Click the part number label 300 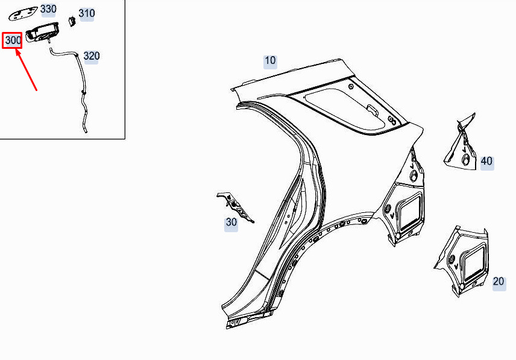[x=13, y=40]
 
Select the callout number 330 [x=48, y=9]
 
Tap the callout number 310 [x=87, y=13]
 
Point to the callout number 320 [x=92, y=56]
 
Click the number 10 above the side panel [x=270, y=60]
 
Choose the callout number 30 [x=231, y=223]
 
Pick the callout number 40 [x=486, y=161]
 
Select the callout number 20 [x=499, y=282]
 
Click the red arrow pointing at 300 [x=27, y=69]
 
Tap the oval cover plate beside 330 [x=22, y=15]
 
